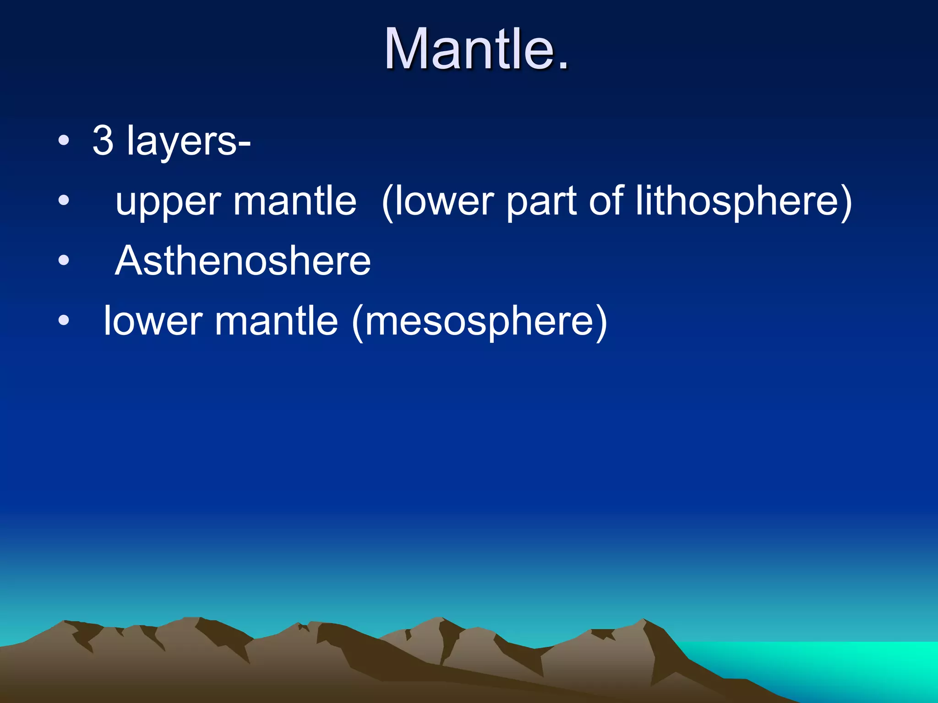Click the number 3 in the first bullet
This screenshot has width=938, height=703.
click(x=103, y=141)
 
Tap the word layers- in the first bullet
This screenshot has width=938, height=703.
click(x=188, y=142)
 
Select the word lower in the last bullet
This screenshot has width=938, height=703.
click(x=153, y=322)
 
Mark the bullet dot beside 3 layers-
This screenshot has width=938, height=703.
click(x=64, y=141)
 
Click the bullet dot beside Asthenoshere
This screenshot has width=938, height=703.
click(x=64, y=260)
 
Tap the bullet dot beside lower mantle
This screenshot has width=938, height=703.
click(x=64, y=320)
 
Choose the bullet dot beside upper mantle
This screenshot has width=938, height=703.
click(x=64, y=200)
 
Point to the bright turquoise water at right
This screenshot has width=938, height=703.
click(x=847, y=664)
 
